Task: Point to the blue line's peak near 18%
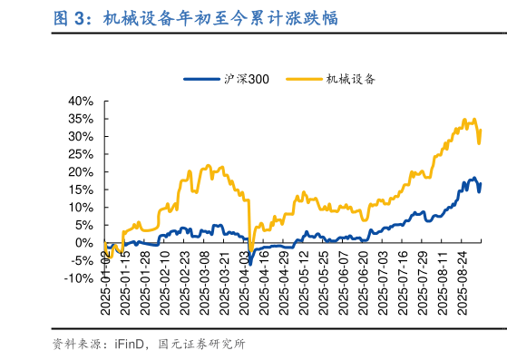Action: [x=473, y=178]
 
